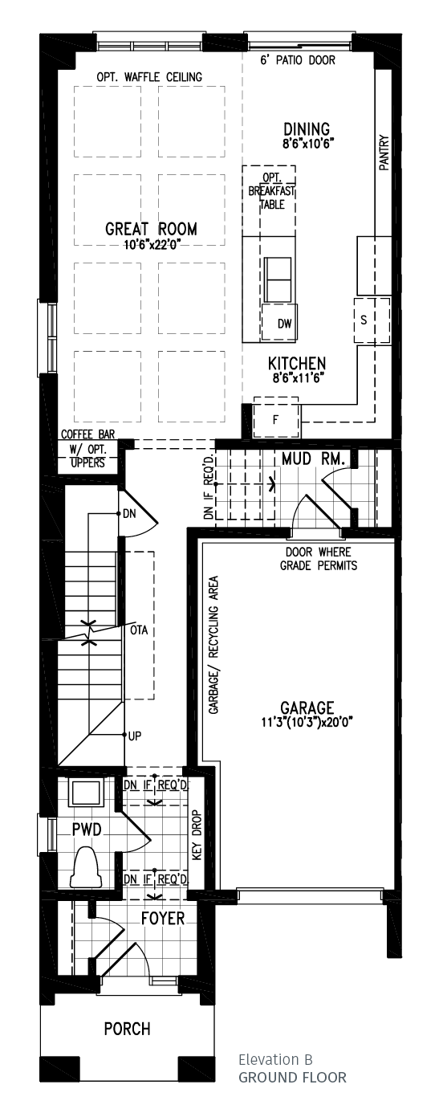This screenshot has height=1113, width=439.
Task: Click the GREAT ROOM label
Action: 151,230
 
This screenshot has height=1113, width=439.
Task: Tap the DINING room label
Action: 307,130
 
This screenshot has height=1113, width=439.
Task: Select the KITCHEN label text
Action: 297,364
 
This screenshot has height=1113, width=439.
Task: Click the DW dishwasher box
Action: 283,324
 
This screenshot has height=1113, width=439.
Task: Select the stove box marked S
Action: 364,320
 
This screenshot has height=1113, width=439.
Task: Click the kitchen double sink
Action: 278,279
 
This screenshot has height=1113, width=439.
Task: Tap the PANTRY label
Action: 384,152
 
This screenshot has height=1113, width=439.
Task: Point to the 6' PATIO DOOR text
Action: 298,61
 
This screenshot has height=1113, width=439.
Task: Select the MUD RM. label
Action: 314,459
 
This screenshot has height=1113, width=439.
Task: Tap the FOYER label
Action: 163,918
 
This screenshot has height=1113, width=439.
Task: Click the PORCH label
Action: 127,1029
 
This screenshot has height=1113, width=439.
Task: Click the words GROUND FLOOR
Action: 292,1077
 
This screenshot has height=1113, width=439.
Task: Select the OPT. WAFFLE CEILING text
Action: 149,77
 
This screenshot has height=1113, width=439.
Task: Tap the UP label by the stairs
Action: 133,736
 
